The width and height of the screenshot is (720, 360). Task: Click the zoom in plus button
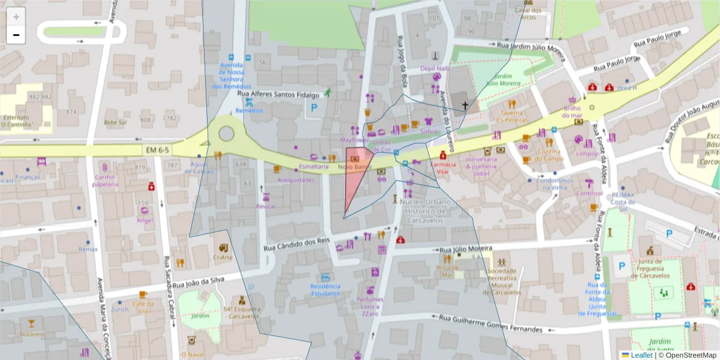16,17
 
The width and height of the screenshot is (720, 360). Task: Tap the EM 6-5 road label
157,149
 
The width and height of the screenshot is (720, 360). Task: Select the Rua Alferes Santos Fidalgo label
278,94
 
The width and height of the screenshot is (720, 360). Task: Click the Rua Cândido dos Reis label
297,244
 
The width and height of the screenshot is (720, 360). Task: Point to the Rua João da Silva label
199,283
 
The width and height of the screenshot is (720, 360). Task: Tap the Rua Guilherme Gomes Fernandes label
490,323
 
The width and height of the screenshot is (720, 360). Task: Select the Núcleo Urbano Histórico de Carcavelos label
424,211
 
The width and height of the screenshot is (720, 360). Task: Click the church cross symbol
464,106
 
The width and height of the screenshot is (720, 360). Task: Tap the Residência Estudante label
325,290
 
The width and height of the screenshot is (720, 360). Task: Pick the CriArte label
223,257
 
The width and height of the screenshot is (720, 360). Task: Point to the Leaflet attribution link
641,355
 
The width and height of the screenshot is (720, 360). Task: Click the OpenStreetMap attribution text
691,355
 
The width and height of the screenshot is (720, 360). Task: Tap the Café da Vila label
142,307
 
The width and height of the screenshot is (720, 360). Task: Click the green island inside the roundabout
226,133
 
